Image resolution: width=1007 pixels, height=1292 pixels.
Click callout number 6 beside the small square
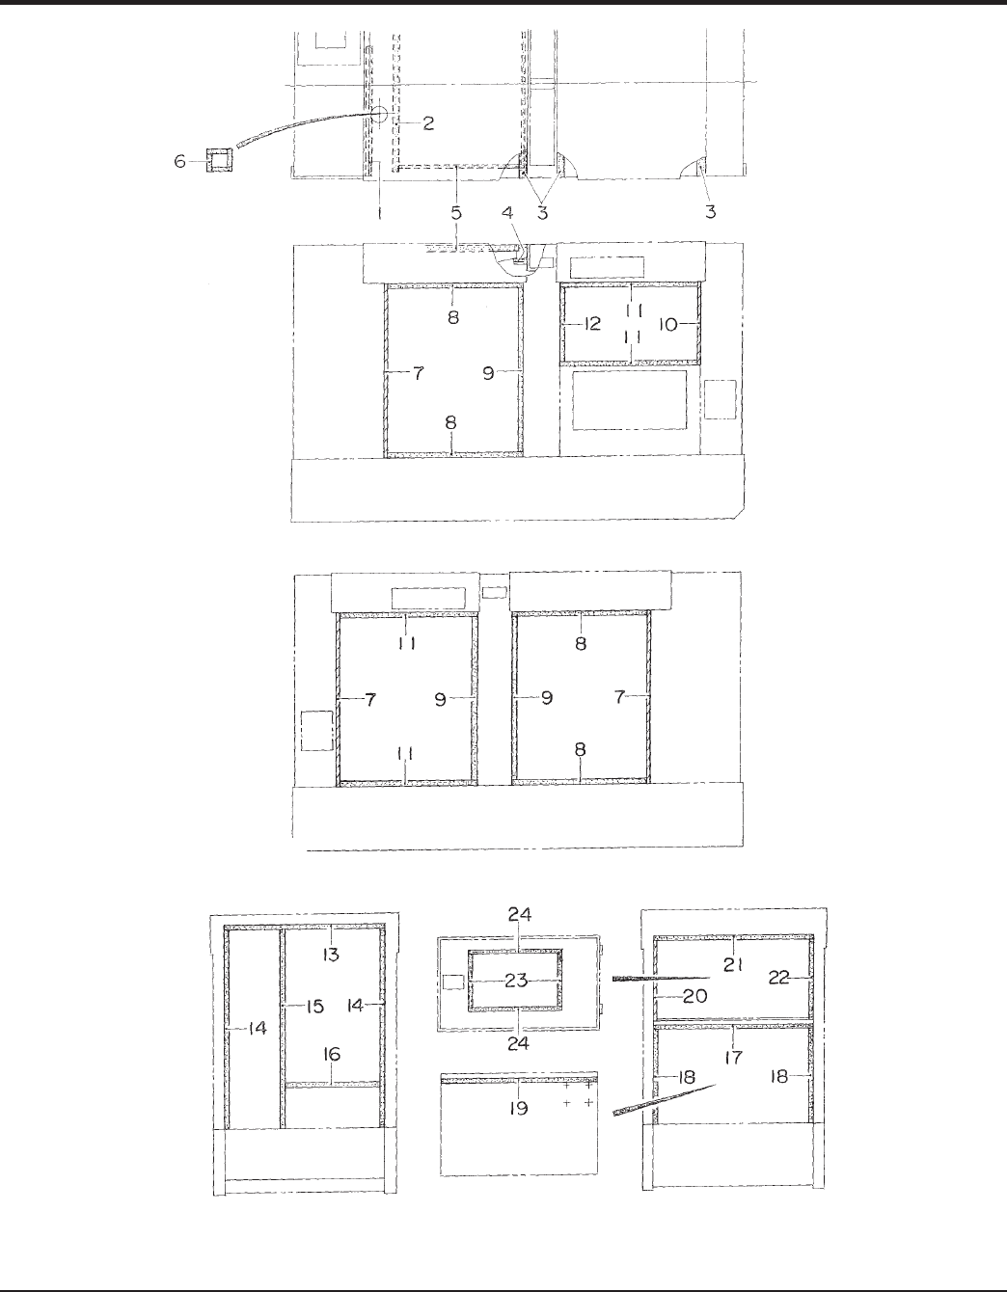pyautogui.click(x=180, y=161)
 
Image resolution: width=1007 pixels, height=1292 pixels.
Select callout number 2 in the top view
pyautogui.click(x=427, y=122)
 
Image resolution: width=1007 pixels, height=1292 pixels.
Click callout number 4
pyautogui.click(x=455, y=211)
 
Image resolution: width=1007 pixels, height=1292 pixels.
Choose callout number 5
pyautogui.click(x=455, y=211)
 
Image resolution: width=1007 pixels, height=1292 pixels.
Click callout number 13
pyautogui.click(x=331, y=954)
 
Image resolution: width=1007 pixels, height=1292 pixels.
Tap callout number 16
pyautogui.click(x=332, y=1055)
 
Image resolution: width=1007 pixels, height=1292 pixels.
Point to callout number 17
pyautogui.click(x=733, y=1058)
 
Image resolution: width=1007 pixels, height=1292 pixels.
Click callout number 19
pyautogui.click(x=519, y=1109)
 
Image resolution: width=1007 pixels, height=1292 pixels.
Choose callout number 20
pyautogui.click(x=695, y=996)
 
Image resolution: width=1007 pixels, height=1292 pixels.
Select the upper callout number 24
pyautogui.click(x=520, y=914)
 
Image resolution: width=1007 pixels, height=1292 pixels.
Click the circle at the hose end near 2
pyautogui.click(x=381, y=114)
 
